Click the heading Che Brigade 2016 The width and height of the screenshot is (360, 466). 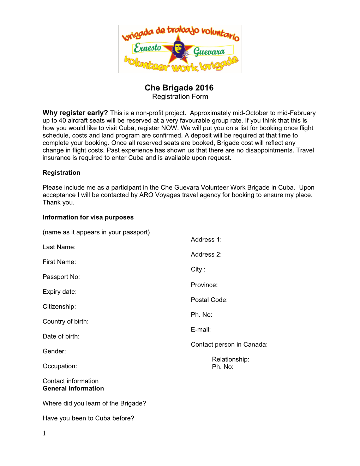pos(179,88)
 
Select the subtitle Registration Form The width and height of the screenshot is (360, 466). pos(180,97)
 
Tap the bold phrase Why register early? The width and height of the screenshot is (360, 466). pos(75,113)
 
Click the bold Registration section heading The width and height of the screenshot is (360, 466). pos(61,173)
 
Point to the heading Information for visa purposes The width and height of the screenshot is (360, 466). pos(88,217)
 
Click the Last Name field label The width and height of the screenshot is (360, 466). pos(59,247)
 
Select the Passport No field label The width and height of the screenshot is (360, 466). pos(61,277)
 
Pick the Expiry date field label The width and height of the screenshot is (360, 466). pos(59,292)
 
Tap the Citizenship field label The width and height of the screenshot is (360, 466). pos(59,307)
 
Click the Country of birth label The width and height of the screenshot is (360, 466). pos(65,322)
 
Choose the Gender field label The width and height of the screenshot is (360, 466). pos(54,351)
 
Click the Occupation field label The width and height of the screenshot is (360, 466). pos(60,366)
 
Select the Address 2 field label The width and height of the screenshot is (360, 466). pos(206,255)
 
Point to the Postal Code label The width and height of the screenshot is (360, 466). pos(209,300)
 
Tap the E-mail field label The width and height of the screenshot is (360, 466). pos(200,330)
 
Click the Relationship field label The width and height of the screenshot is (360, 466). pos(230,359)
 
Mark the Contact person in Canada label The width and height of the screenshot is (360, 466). pos(229,345)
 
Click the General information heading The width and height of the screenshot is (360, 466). pos(73,389)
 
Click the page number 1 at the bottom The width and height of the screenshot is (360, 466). pos(44,434)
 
